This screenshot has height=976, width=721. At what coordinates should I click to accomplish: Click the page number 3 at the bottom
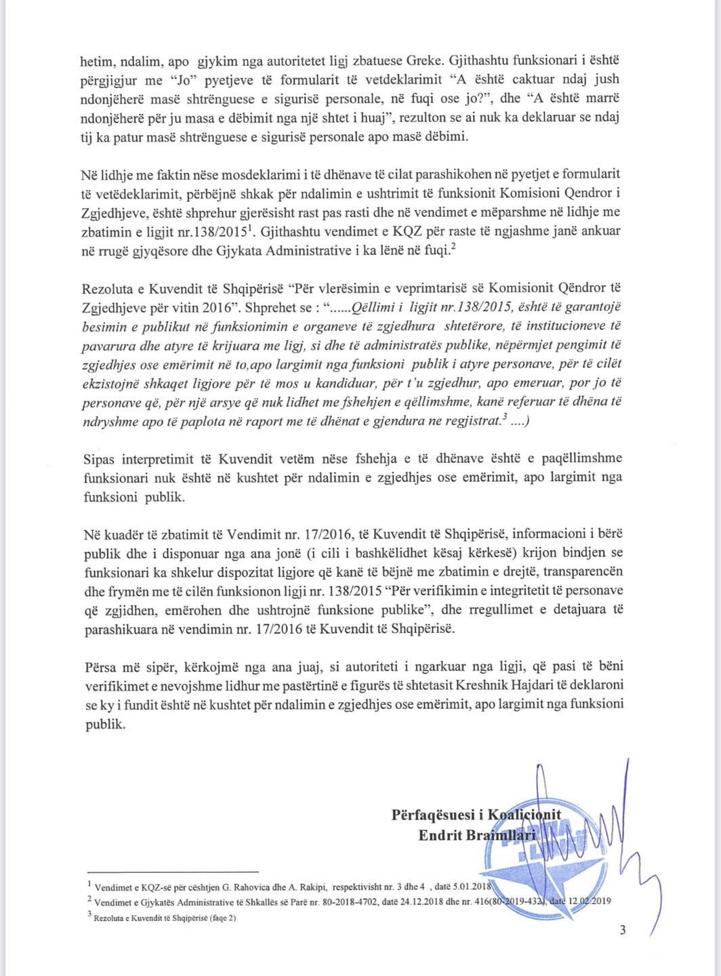623,929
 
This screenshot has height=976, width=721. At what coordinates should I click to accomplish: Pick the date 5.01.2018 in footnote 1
468,885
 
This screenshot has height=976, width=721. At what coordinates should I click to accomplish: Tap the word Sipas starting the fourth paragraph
96,457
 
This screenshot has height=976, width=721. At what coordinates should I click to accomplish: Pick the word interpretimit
157,457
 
